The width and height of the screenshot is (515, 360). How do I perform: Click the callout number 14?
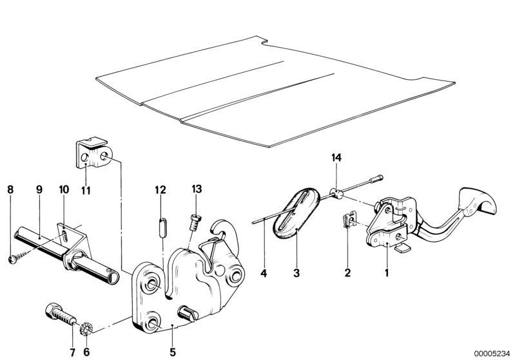point(336,158)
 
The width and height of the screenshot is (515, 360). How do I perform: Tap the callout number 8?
point(10,189)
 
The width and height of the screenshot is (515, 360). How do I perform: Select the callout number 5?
point(173,352)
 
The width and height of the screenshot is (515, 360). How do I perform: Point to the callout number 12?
point(160,190)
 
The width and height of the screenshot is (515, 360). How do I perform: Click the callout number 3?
point(296,272)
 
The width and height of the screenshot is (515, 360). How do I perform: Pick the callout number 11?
point(86,190)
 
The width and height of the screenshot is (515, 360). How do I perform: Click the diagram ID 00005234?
point(491,354)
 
